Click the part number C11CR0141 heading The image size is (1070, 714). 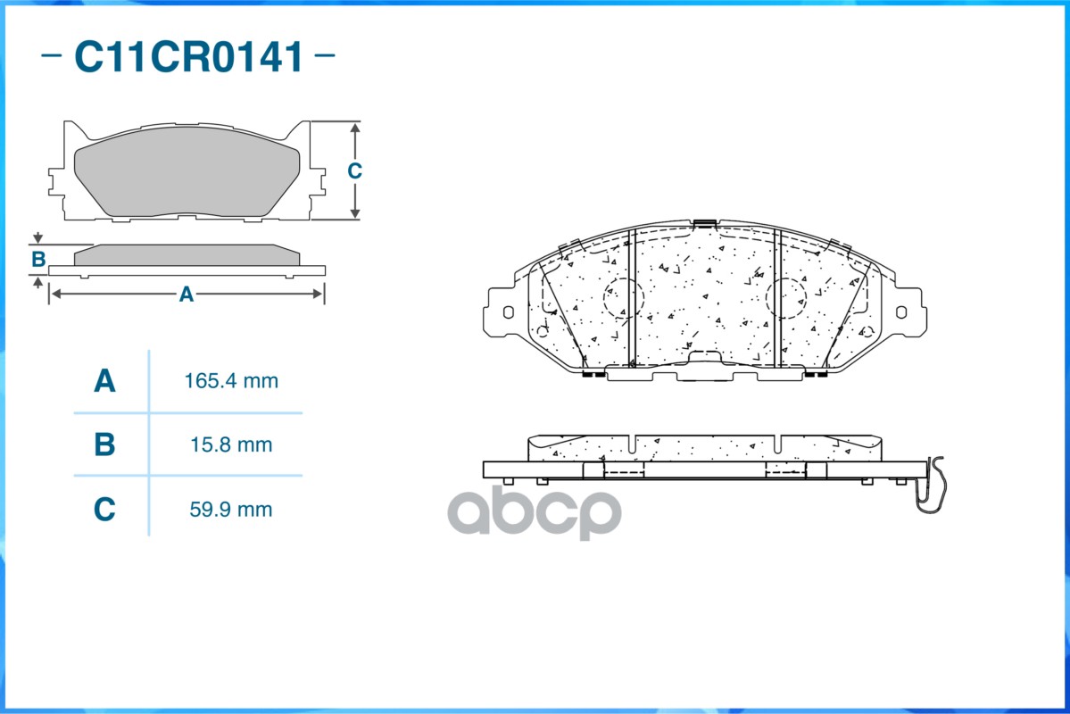(x=188, y=56)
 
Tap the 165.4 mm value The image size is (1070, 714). (x=231, y=381)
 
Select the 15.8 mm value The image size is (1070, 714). (x=231, y=445)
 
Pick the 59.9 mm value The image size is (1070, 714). (x=231, y=510)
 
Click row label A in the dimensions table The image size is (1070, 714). (x=104, y=381)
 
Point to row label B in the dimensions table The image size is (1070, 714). (x=104, y=445)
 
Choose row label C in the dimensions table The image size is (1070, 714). (x=104, y=510)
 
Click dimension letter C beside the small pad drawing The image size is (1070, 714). (x=354, y=170)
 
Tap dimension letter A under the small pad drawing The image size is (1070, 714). (x=187, y=295)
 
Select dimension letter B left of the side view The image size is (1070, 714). (x=38, y=260)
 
